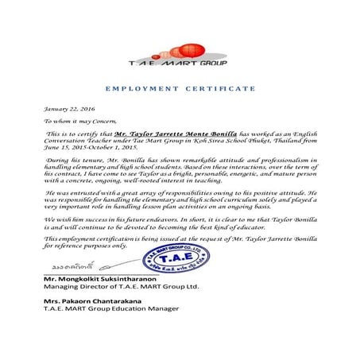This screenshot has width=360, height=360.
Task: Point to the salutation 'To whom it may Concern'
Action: click(x=79, y=122)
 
